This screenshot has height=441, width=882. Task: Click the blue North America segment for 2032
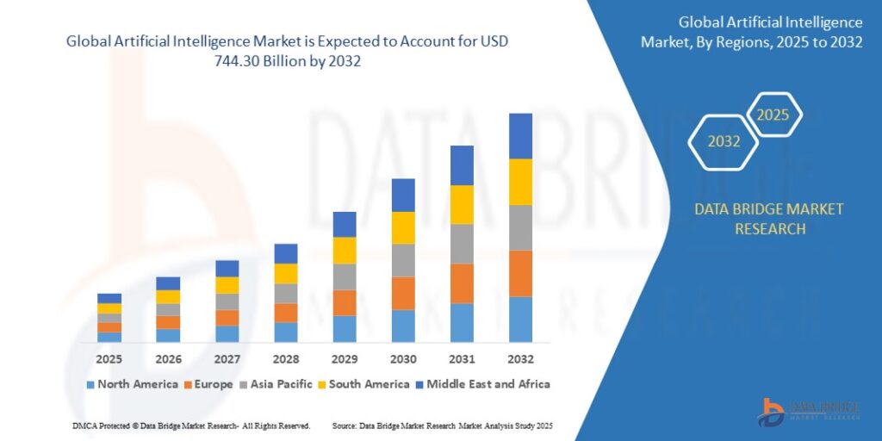pyautogui.click(x=520, y=320)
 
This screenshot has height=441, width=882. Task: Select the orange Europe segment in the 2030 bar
pyautogui.click(x=403, y=294)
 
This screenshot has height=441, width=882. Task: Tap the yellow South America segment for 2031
pyautogui.click(x=462, y=204)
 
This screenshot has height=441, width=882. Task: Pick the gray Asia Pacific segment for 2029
pyautogui.click(x=345, y=276)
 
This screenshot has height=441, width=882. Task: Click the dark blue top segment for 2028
pyautogui.click(x=286, y=253)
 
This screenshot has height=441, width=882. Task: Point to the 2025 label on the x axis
pyautogui.click(x=109, y=358)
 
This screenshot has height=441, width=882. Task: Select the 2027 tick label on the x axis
pyautogui.click(x=227, y=358)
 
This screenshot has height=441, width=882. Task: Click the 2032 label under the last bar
pyautogui.click(x=520, y=358)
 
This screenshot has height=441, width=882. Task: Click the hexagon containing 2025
pyautogui.click(x=773, y=115)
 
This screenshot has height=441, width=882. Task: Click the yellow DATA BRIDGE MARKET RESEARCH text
pyautogui.click(x=769, y=219)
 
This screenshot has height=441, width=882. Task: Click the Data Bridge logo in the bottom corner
pyautogui.click(x=809, y=411)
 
